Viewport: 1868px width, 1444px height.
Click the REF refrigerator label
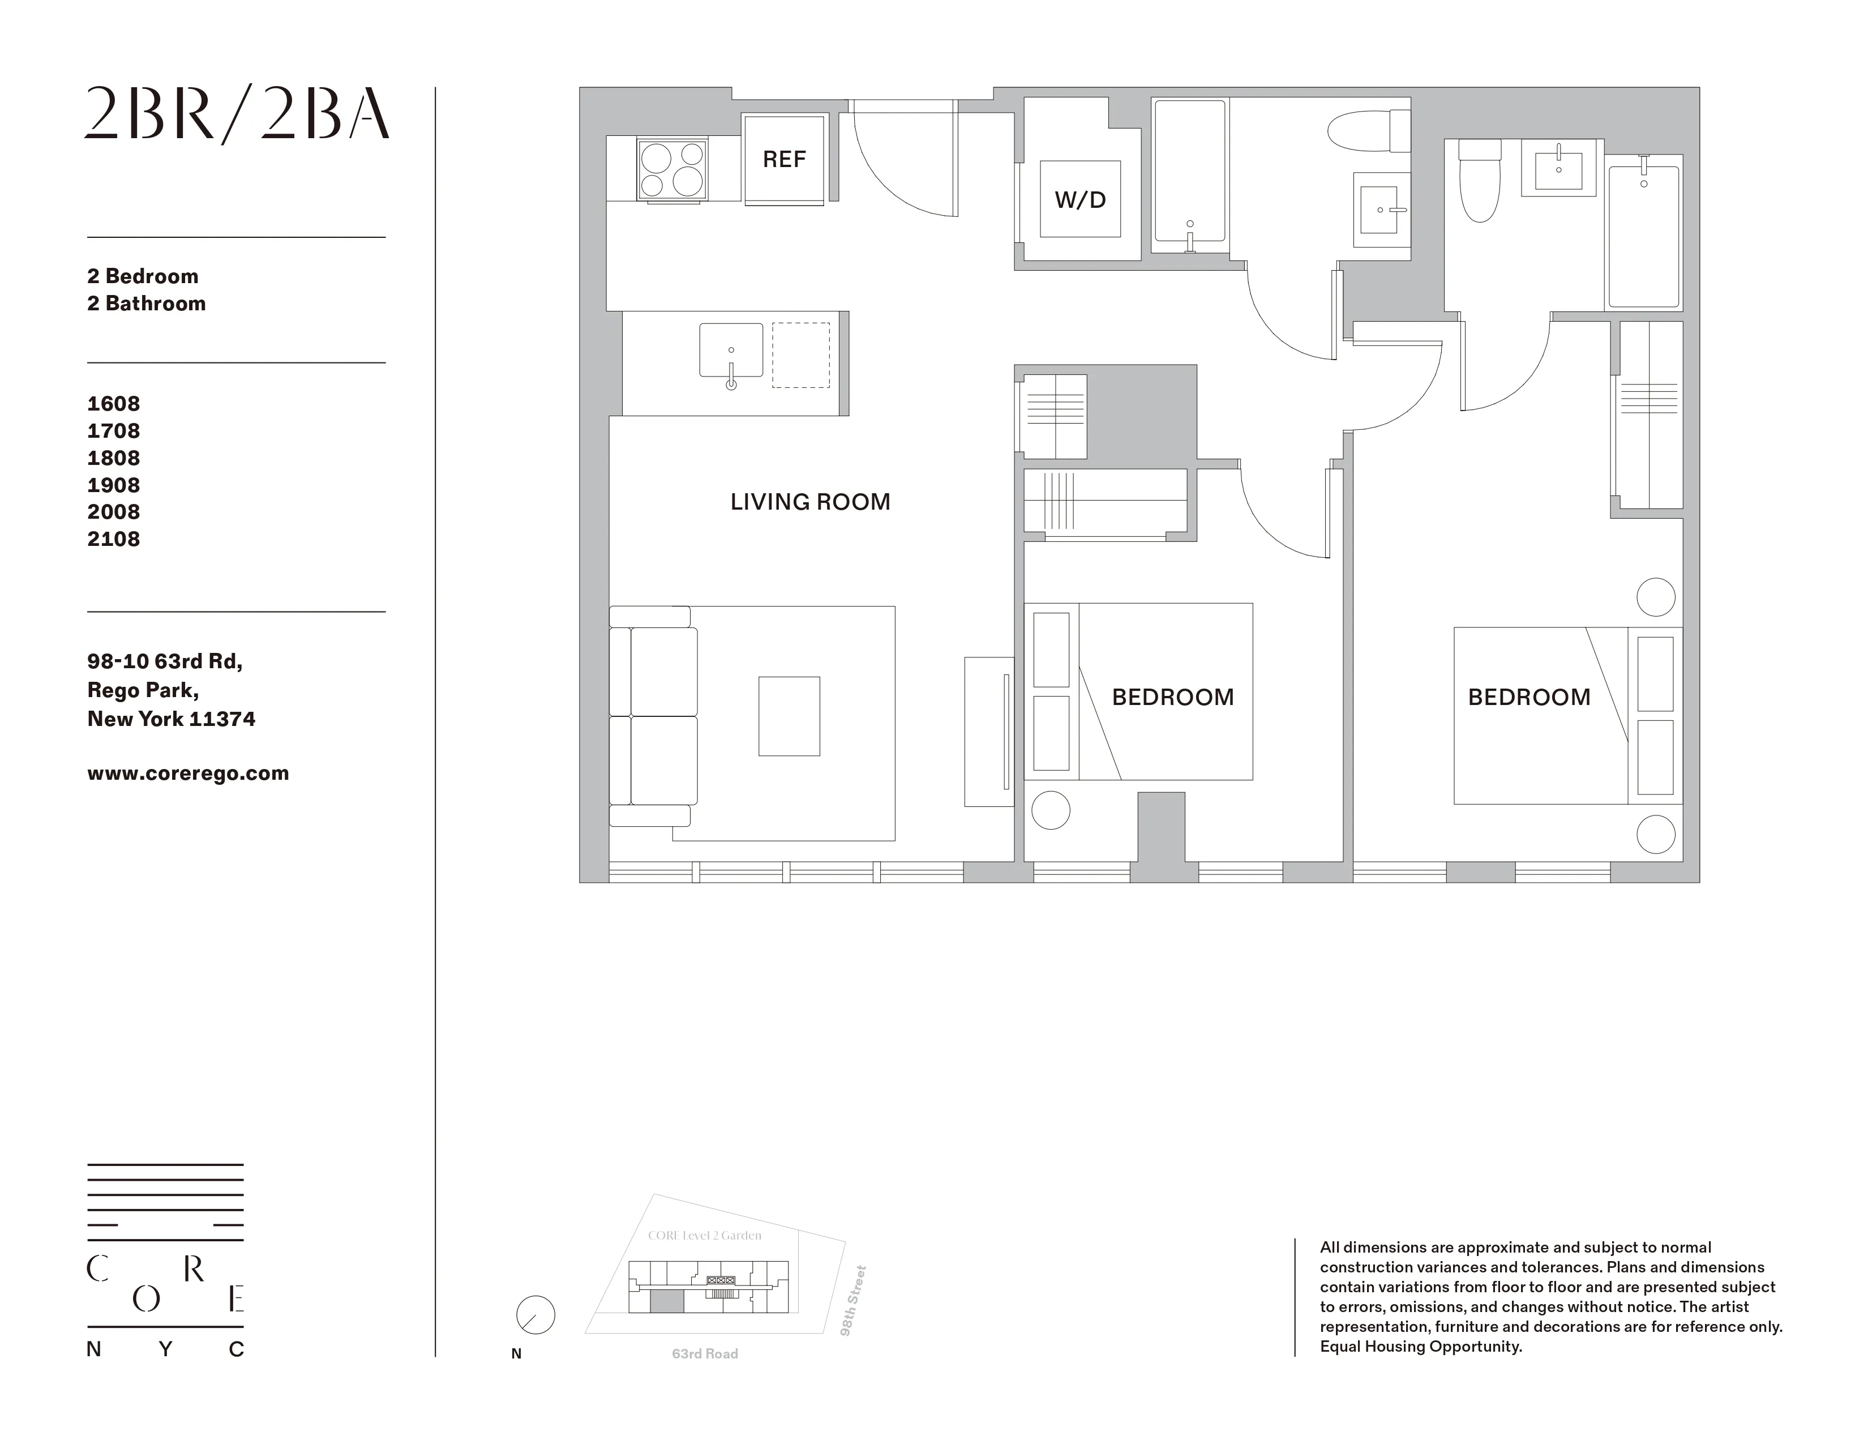point(783,160)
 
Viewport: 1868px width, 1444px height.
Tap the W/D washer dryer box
point(1080,199)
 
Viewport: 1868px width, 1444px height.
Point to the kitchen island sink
point(730,350)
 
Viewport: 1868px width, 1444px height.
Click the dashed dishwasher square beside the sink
point(800,355)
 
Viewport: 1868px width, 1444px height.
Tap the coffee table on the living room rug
point(789,716)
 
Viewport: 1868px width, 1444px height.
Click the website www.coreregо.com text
point(188,774)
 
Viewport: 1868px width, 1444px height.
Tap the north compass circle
point(535,1315)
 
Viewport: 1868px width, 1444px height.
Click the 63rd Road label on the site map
point(705,1353)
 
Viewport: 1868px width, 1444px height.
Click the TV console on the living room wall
point(989,732)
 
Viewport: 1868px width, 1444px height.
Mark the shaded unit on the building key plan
point(667,1302)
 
